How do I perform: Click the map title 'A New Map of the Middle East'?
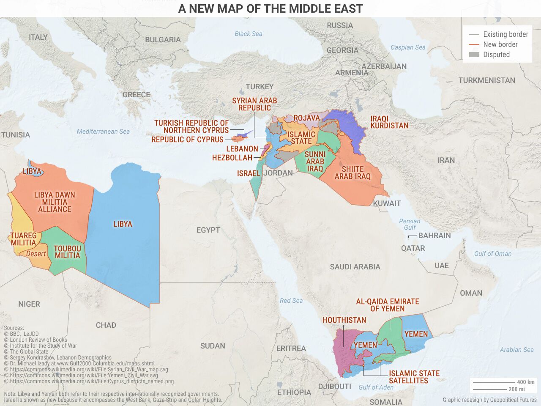click(x=270, y=8)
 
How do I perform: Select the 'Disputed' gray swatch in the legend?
click(x=474, y=55)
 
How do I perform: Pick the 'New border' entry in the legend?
click(x=500, y=44)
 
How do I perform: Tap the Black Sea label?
click(x=248, y=34)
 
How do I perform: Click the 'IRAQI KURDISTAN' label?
click(x=389, y=122)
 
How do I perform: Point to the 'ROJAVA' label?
click(x=306, y=118)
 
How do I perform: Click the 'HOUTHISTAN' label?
click(x=344, y=320)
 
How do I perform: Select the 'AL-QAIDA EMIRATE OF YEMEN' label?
click(x=387, y=305)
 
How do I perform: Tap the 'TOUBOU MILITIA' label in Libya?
click(x=67, y=252)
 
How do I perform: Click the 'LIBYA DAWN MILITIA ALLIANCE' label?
click(x=55, y=202)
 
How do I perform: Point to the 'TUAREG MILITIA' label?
click(x=23, y=239)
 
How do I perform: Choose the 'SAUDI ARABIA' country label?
click(x=355, y=267)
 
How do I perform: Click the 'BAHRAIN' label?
click(x=434, y=236)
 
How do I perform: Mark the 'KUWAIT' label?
click(x=387, y=203)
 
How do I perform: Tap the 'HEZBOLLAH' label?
click(x=232, y=158)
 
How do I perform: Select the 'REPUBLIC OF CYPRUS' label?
click(x=187, y=140)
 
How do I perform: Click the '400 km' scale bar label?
click(x=525, y=382)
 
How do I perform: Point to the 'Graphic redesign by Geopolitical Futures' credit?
click(x=489, y=400)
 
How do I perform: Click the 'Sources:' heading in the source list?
click(x=14, y=328)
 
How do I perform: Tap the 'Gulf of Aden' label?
click(x=376, y=387)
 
